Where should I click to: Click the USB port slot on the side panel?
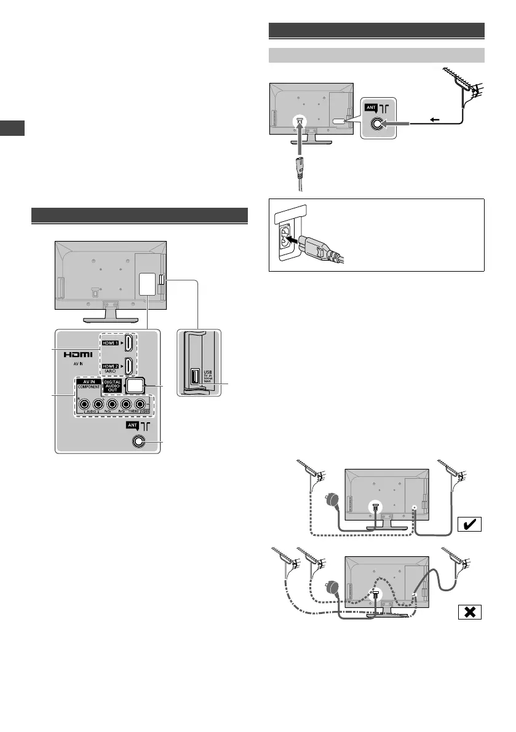195,376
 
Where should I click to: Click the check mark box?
469,524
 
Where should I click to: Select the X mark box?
469,612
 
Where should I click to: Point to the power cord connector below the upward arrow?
300,167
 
